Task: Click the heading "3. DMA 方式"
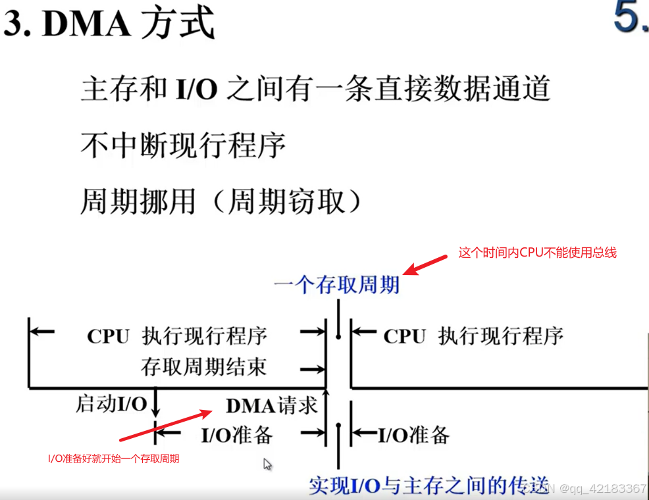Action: tap(109, 25)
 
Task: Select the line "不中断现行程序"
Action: tap(183, 145)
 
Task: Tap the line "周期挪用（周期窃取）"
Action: tap(221, 201)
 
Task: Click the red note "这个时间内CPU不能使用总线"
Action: tap(537, 253)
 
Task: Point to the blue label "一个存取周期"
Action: tap(336, 285)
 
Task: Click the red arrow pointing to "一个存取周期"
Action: tap(428, 262)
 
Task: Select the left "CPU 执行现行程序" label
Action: tap(177, 336)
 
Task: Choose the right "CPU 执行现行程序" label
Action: tap(473, 336)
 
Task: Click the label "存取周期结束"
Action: tap(203, 367)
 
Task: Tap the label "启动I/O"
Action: tap(111, 404)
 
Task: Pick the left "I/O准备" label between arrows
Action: tap(236, 435)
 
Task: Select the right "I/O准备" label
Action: tap(413, 435)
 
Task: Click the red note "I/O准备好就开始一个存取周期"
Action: tap(113, 459)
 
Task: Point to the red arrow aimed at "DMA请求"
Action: tap(166, 426)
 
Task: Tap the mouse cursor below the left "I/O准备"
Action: tap(267, 464)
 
